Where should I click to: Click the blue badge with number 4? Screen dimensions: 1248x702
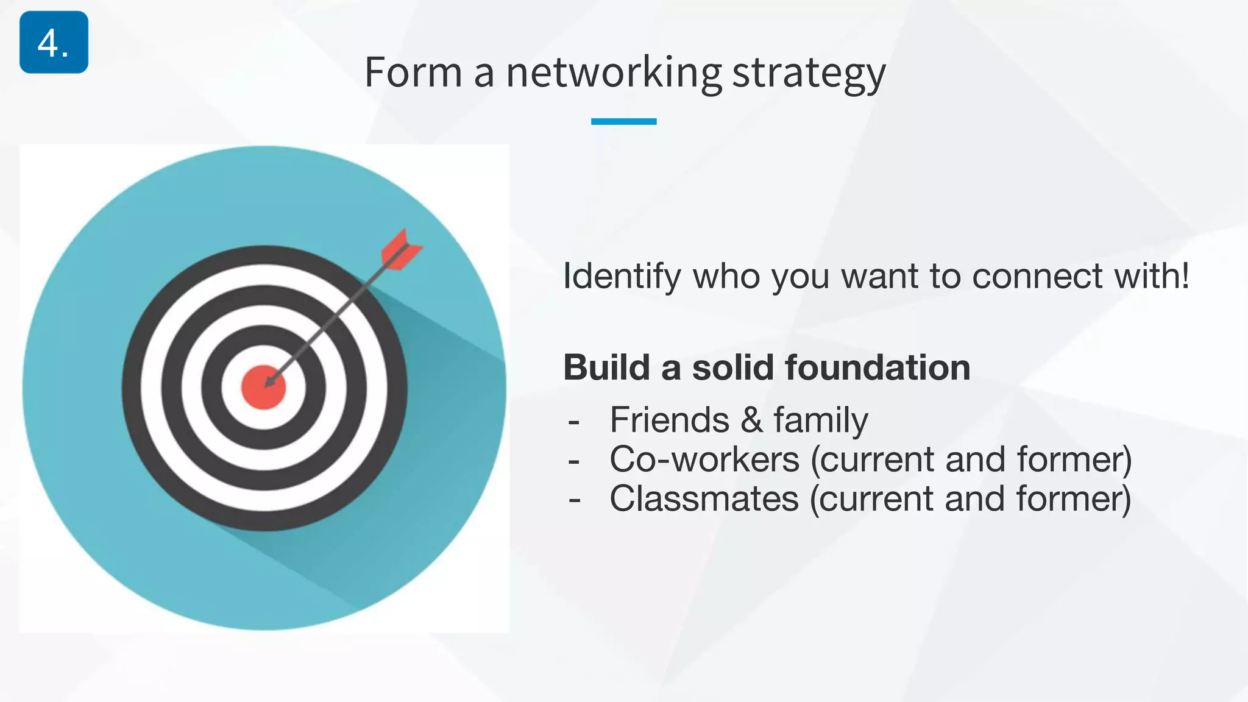(54, 42)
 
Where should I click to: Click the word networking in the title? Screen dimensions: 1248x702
(614, 73)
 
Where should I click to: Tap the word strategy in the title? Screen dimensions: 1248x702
(809, 73)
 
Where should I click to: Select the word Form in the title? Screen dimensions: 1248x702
(413, 73)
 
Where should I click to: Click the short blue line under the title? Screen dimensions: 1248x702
(623, 121)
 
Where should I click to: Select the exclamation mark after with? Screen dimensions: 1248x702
(1185, 275)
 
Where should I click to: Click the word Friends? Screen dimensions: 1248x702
(669, 420)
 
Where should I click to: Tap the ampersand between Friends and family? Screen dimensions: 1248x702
(751, 420)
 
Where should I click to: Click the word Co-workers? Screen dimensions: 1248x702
(704, 459)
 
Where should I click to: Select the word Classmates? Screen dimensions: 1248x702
(704, 499)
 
